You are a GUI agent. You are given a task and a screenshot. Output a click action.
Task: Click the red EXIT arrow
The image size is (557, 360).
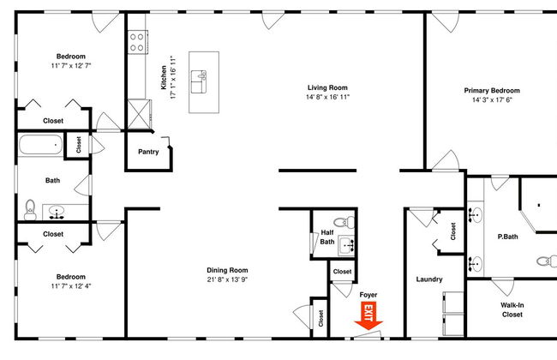tap(368, 315)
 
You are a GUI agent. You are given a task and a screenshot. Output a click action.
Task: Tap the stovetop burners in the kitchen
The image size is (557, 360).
tap(137, 42)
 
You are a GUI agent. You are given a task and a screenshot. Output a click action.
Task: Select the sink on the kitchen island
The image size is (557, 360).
tap(199, 81)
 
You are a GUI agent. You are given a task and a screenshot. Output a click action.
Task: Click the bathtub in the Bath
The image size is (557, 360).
tap(40, 145)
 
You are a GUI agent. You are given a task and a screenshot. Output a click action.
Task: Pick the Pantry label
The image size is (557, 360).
tap(148, 152)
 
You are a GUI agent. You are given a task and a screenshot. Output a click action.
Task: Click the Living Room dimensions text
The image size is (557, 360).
tap(328, 97)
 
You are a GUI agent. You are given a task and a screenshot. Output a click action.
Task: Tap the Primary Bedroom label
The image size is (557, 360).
tap(492, 91)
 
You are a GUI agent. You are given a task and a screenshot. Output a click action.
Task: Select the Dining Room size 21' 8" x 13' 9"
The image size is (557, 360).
tap(227, 279)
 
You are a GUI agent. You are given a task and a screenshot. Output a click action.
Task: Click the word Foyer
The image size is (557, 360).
tap(368, 295)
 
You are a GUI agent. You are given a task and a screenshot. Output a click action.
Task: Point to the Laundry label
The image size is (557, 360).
tap(429, 279)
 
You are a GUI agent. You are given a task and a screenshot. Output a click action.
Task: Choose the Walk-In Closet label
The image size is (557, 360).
tap(512, 310)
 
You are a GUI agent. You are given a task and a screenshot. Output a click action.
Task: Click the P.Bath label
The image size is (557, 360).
tap(507, 237)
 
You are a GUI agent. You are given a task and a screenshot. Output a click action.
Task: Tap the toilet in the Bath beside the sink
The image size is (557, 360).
tap(30, 210)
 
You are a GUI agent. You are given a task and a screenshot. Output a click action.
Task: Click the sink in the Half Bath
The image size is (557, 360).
tap(346, 245)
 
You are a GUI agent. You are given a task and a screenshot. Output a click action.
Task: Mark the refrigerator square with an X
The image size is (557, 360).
tap(139, 115)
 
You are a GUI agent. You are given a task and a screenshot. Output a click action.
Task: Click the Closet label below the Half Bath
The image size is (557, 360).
tap(342, 272)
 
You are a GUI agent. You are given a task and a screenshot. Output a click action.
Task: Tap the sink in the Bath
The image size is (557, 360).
tap(56, 213)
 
